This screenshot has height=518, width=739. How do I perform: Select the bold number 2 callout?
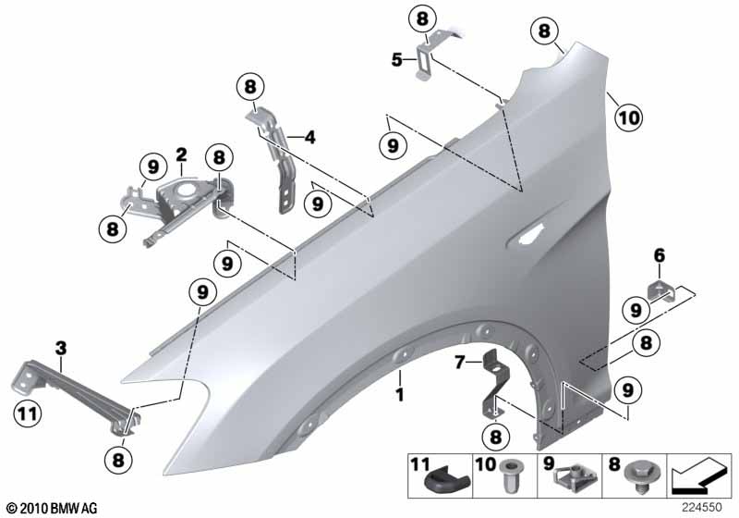(x=182, y=154)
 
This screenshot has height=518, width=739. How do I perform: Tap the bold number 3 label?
(x=61, y=349)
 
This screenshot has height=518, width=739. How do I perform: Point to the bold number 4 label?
(x=309, y=138)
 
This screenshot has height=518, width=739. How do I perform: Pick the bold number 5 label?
(x=396, y=60)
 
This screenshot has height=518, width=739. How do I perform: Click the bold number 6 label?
(x=659, y=255)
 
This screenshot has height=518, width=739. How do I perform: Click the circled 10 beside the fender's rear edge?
(x=627, y=117)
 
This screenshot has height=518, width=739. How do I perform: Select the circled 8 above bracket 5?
(x=422, y=18)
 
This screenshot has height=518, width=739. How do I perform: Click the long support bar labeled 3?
(x=79, y=392)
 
